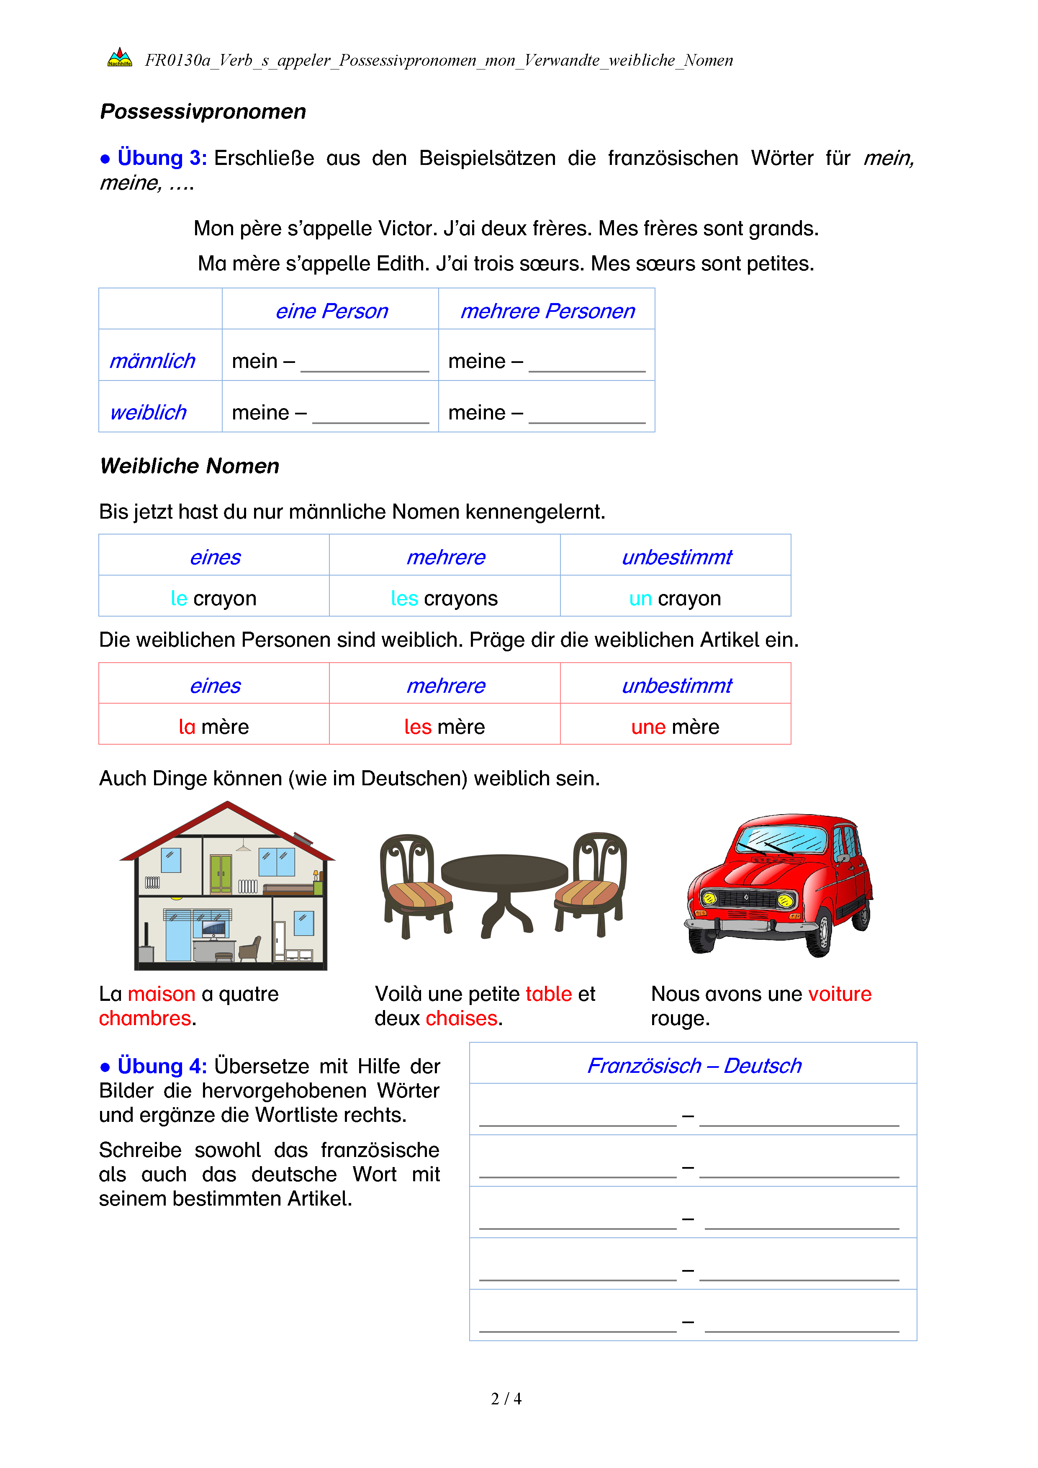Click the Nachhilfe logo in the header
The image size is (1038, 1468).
[120, 58]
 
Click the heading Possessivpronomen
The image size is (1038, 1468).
[203, 112]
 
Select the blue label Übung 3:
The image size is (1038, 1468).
[162, 158]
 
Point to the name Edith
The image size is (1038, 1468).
[403, 263]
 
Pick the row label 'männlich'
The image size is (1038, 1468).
[152, 361]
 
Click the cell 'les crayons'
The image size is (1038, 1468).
[444, 599]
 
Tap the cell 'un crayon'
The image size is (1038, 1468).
[675, 599]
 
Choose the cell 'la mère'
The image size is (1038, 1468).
[213, 727]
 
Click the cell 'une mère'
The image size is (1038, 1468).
[675, 727]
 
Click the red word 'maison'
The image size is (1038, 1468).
[162, 994]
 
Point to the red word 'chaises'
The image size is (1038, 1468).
[462, 1018]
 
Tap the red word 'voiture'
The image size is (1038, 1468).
[839, 994]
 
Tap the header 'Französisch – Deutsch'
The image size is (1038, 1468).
[694, 1066]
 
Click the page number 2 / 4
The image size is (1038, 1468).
[506, 1399]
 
